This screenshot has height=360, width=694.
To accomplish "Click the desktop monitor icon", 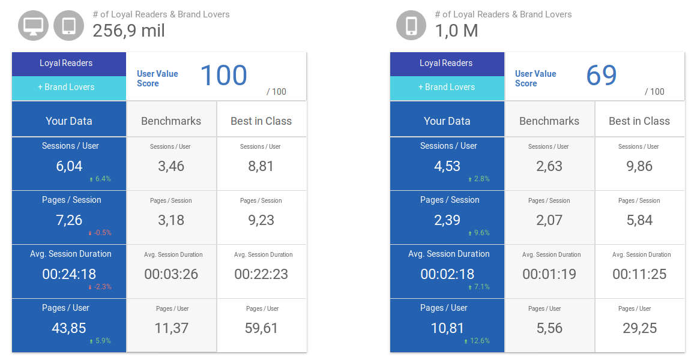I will (33, 26).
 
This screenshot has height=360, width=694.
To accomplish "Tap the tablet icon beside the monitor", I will (68, 26).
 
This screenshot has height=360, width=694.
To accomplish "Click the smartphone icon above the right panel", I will (411, 26).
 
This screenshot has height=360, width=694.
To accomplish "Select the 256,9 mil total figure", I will (128, 31).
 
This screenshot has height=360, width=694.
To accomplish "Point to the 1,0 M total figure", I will (456, 31).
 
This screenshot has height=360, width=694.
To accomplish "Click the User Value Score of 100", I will (223, 76).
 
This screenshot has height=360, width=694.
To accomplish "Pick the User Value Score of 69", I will (602, 76).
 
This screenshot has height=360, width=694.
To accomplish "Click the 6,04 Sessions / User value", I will (69, 166).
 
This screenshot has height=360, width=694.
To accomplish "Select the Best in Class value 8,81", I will (261, 166).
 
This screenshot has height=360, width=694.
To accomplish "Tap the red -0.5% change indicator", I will (100, 233).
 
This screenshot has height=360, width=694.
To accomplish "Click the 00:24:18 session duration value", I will (69, 274).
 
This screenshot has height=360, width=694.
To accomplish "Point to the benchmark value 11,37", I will (171, 328).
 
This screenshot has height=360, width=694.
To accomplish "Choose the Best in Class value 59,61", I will (261, 328).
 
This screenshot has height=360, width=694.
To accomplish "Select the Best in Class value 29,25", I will (639, 328).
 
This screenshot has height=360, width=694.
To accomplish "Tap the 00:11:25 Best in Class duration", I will (639, 274).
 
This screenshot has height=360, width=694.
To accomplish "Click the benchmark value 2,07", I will (549, 220).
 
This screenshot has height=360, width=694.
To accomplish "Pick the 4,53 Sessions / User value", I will (447, 166).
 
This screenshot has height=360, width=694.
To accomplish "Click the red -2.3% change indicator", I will (100, 287).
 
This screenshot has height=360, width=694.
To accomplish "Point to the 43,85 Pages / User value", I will (69, 328).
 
